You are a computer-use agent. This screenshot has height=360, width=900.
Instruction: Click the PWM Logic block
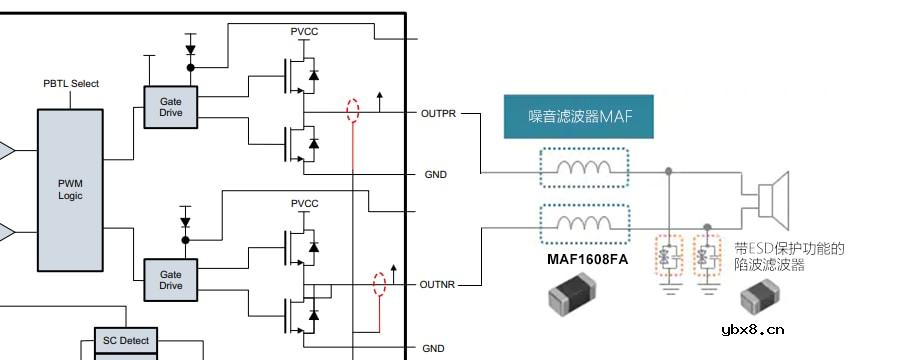tap(70, 190)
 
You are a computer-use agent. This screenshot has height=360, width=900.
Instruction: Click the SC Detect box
tap(126, 341)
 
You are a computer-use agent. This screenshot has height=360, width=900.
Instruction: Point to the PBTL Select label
tap(71, 84)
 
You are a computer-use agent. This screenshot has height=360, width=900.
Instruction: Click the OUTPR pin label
tap(438, 114)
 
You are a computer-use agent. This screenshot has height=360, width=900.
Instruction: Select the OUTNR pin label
tap(438, 285)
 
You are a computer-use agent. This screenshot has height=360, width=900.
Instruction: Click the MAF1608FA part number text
tap(586, 261)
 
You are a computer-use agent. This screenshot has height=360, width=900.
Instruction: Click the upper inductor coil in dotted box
tap(584, 167)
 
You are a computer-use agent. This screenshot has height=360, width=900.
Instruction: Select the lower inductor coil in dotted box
tap(584, 223)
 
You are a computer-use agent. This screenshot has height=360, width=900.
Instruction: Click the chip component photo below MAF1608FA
tap(572, 298)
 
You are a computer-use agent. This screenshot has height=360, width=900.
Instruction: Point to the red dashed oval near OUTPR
tap(351, 110)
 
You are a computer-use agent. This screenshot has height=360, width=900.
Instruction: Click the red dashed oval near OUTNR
tap(378, 284)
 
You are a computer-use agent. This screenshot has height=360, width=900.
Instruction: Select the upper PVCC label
tap(304, 32)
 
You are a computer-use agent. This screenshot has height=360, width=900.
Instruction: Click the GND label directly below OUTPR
tap(435, 175)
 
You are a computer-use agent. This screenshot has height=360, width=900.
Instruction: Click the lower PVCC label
tap(304, 204)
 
